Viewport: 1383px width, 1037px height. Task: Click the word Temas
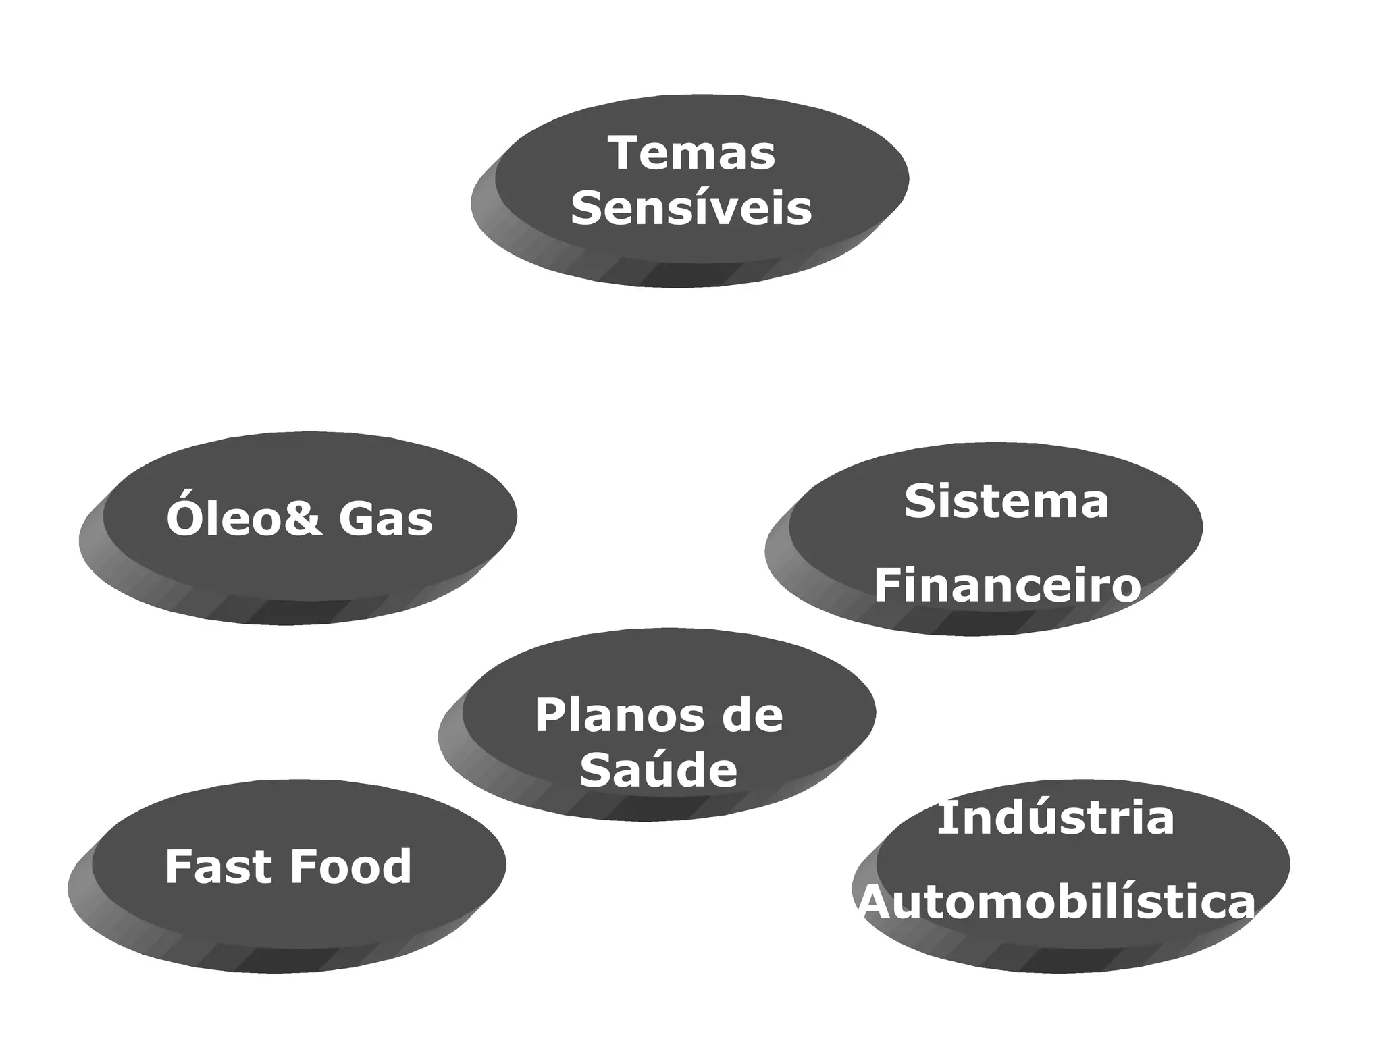click(691, 153)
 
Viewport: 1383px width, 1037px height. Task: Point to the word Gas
click(386, 520)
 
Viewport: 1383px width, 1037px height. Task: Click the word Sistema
click(1006, 502)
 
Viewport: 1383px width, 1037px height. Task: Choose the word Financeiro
click(1007, 585)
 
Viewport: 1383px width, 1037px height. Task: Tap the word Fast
click(217, 867)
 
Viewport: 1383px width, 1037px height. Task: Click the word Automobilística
click(1057, 902)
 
